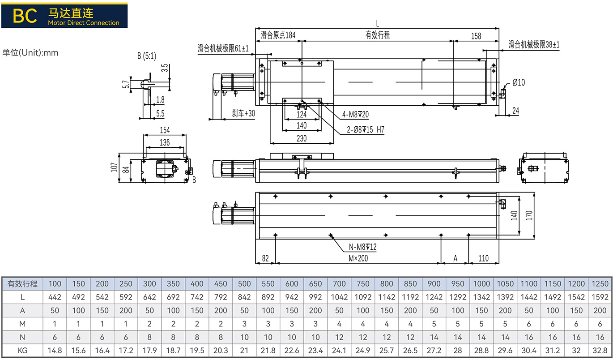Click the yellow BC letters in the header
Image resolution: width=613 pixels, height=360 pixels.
coord(25,16)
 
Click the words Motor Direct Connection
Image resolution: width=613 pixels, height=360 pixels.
coord(84,23)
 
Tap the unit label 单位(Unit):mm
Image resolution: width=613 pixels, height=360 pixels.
coord(30,52)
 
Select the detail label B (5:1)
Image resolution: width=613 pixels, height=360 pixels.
coord(147,56)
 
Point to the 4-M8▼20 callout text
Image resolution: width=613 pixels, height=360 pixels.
coord(355,114)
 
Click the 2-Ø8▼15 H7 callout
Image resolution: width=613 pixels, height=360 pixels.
coord(366,129)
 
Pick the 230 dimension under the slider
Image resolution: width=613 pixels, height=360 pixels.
coord(302,138)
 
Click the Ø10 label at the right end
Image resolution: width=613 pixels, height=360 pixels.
coord(519,82)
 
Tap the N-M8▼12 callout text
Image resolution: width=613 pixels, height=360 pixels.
coord(362,247)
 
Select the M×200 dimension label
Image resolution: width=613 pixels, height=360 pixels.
coord(358,258)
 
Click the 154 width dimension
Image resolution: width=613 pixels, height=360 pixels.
coord(165,130)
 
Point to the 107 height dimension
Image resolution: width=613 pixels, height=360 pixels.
coord(114,167)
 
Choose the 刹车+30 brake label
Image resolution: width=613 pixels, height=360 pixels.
coord(243,113)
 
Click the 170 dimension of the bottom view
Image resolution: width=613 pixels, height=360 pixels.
coord(529,215)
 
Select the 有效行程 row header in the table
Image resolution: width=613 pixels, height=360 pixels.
coord(22,283)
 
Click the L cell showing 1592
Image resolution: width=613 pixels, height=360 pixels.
coord(600,297)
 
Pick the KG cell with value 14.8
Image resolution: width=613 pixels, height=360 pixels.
coord(55,351)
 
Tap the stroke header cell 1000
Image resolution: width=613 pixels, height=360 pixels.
coord(481,283)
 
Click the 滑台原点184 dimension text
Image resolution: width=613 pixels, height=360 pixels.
coord(278,35)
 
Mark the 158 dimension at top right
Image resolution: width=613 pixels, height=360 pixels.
coord(476,36)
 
